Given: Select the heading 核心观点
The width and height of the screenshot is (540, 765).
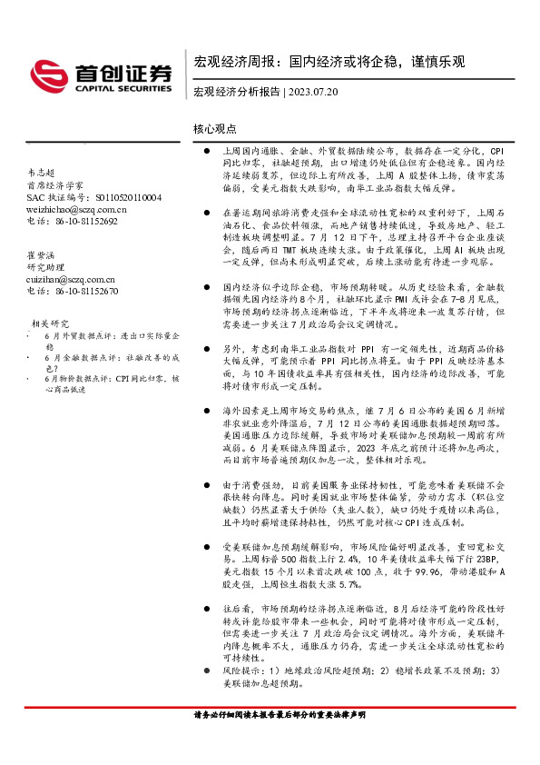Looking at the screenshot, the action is click(215, 130).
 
